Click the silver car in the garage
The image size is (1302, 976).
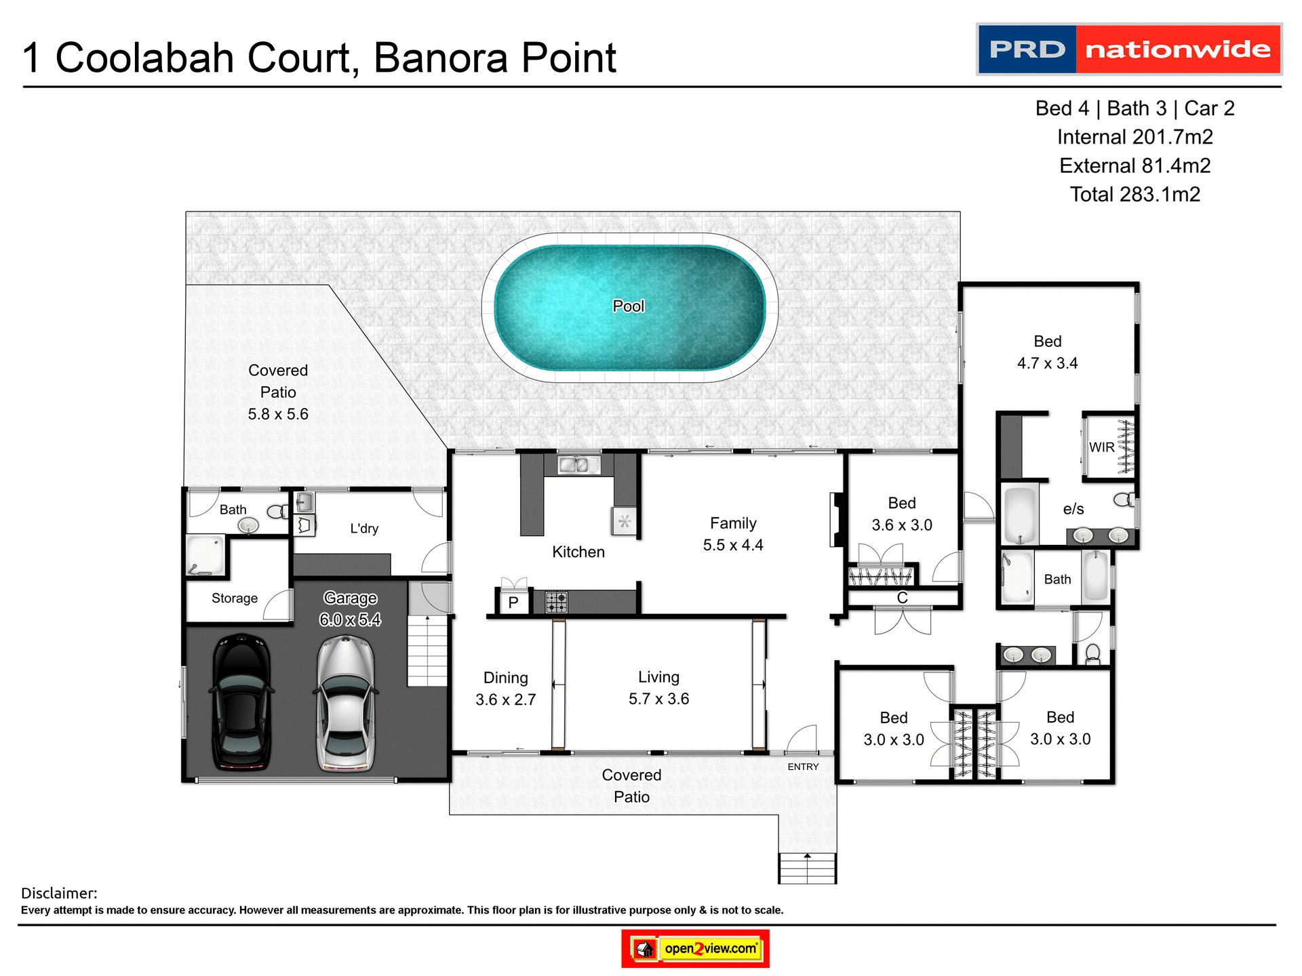[346, 703]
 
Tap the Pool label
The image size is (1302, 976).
[629, 306]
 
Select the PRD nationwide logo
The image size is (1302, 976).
[1129, 49]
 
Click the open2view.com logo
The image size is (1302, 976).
[696, 948]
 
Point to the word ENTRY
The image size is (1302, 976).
[803, 767]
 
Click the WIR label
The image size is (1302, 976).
[1101, 447]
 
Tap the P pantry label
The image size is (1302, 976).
[513, 603]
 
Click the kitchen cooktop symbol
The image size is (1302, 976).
[556, 602]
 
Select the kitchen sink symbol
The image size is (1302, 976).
[578, 464]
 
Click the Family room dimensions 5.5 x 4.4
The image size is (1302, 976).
[733, 545]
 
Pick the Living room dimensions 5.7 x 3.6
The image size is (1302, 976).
[658, 699]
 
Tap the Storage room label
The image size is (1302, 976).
[235, 598]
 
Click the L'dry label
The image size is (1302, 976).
[364, 529]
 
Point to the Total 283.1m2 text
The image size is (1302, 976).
[1135, 195]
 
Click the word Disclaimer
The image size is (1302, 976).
[59, 893]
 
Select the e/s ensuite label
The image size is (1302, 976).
[1073, 509]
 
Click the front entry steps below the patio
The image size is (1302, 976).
[807, 868]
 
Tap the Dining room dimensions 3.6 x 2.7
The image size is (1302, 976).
[506, 699]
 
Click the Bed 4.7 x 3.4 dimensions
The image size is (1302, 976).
[1047, 363]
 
